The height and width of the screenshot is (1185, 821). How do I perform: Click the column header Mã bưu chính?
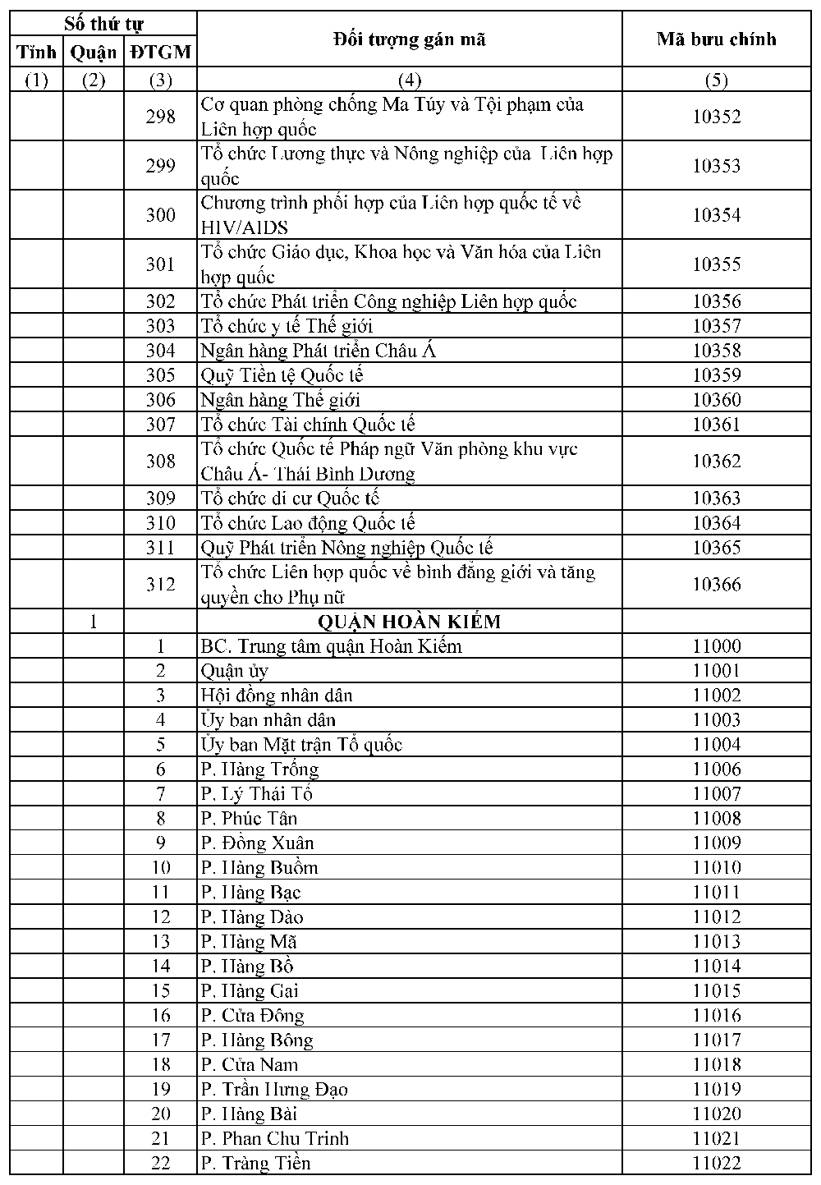(x=716, y=39)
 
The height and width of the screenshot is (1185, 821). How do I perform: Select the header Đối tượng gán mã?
(x=409, y=39)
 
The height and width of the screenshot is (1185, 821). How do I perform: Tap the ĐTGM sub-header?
(x=160, y=53)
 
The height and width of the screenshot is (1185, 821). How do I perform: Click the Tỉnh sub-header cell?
(x=37, y=53)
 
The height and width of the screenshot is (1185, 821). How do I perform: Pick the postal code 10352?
(x=716, y=117)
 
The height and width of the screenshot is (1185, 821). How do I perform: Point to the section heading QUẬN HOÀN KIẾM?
(x=409, y=622)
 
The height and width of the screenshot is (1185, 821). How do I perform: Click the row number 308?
(x=160, y=462)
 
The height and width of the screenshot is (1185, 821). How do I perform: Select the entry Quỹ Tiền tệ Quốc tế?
(x=282, y=375)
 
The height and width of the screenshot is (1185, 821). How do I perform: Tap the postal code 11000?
(x=716, y=646)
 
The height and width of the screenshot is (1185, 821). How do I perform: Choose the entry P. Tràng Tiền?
(x=256, y=1163)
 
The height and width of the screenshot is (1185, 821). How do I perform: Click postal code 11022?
(x=716, y=1163)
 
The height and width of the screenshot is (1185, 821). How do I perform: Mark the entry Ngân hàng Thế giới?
(x=280, y=400)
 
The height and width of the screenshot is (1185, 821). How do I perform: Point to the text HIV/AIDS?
(x=244, y=227)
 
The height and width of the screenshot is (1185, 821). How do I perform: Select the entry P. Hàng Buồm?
(x=259, y=867)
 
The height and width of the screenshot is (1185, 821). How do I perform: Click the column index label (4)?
(x=409, y=80)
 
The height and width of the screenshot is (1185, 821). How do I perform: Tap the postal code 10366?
(x=716, y=585)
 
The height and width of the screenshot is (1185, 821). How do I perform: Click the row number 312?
(x=160, y=585)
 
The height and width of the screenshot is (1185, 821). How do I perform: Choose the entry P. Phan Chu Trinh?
(x=275, y=1138)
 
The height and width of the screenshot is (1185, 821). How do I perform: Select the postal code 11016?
(x=716, y=1015)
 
